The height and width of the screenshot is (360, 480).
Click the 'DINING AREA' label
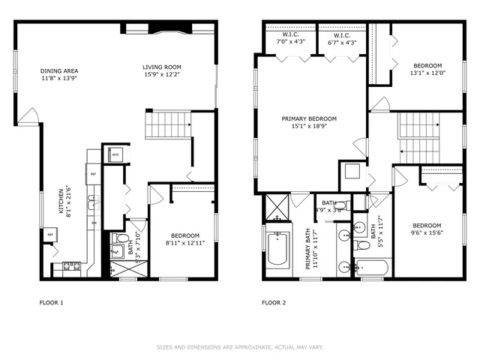click(60, 71)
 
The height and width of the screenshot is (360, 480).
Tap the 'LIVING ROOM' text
click(161, 67)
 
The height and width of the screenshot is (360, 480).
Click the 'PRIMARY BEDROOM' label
click(309, 118)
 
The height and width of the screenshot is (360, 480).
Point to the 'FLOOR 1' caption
click(52, 303)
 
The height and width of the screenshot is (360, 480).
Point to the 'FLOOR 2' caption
click(274, 303)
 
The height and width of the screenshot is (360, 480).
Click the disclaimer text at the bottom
click(240, 347)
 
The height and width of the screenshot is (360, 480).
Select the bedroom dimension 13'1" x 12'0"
click(427, 73)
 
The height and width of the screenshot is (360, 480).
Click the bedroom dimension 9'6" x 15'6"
click(425, 234)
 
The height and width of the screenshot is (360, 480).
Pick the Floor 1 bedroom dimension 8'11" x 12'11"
click(184, 243)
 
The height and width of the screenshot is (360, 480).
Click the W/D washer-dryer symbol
click(115, 155)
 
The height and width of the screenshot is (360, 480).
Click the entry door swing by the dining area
click(28, 116)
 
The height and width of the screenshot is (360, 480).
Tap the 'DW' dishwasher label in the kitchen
click(94, 223)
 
